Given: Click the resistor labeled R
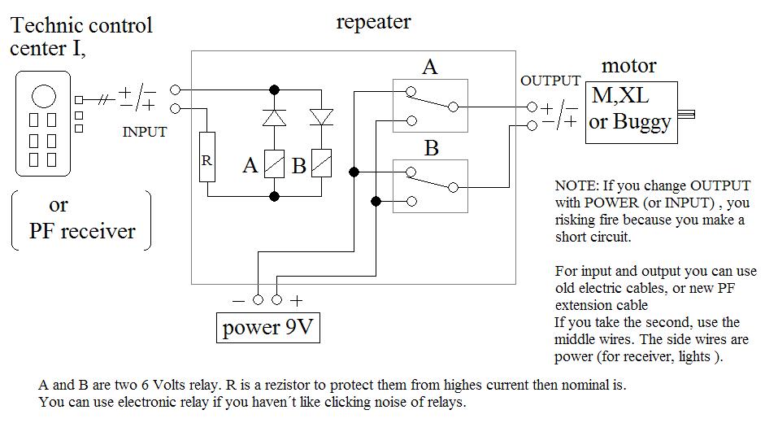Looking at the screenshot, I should [206, 160].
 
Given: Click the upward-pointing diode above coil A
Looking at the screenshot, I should [275, 118].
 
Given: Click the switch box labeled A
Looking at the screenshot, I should [430, 104].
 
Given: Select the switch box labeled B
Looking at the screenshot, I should [430, 185].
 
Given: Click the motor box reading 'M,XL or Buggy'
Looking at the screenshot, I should [632, 109].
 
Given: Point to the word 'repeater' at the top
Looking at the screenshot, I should [373, 22].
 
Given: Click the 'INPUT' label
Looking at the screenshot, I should [145, 132].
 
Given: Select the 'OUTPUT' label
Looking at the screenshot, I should [550, 81].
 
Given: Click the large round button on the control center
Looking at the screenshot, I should [44, 97].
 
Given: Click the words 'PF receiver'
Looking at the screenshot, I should [82, 231].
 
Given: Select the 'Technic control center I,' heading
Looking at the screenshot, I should [80, 37].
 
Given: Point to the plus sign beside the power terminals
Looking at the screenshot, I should [297, 300].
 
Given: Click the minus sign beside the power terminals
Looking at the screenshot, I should [238, 300].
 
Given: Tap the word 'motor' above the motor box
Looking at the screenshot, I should [628, 66].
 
